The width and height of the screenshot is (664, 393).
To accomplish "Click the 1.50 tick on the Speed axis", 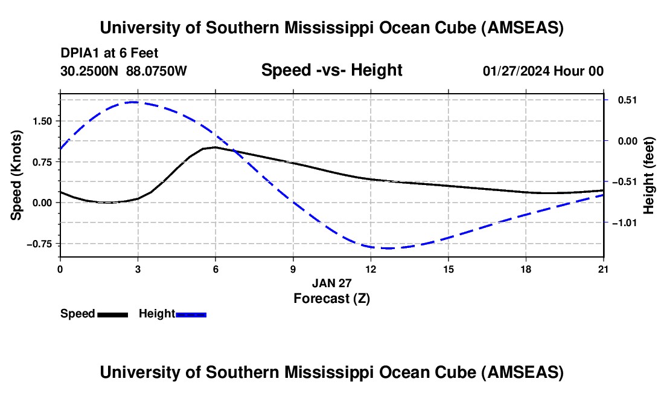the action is click(x=42, y=122).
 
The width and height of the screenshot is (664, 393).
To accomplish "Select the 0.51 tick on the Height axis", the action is click(x=628, y=100).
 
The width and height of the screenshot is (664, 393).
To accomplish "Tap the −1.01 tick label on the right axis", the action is click(x=625, y=222).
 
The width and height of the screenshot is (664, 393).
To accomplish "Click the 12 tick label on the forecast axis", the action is click(x=371, y=269).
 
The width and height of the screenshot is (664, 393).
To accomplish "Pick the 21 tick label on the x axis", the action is click(x=604, y=269).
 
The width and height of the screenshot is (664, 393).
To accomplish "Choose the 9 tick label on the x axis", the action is click(x=293, y=269).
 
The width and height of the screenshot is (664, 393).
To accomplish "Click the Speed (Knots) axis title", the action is click(x=16, y=175).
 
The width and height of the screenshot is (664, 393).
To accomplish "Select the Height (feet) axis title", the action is click(x=648, y=175).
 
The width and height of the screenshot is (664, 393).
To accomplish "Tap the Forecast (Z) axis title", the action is click(x=331, y=299).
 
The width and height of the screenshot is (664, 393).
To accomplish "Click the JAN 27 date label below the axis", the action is click(x=331, y=283).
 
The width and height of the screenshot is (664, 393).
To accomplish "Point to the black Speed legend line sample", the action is click(x=113, y=314).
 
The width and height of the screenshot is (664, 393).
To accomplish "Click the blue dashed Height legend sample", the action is click(x=191, y=314).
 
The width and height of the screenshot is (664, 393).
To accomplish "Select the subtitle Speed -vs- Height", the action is click(x=331, y=70).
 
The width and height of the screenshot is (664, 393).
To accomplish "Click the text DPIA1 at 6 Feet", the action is click(x=109, y=53).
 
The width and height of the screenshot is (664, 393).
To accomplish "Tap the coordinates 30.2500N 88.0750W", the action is click(x=123, y=71).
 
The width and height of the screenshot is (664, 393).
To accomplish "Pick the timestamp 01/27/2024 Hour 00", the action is click(x=543, y=71).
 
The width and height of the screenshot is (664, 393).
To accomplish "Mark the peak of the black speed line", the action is click(x=215, y=147).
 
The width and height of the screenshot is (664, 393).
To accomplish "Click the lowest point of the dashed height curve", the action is click(x=388, y=248).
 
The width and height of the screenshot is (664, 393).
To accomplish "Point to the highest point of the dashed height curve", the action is click(x=134, y=102).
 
